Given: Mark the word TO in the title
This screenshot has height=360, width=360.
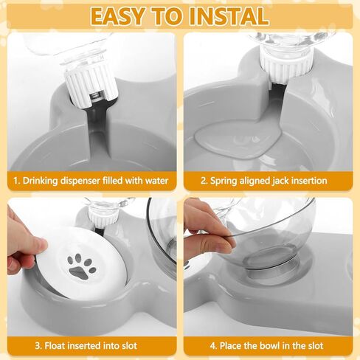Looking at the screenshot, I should point(174,15).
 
